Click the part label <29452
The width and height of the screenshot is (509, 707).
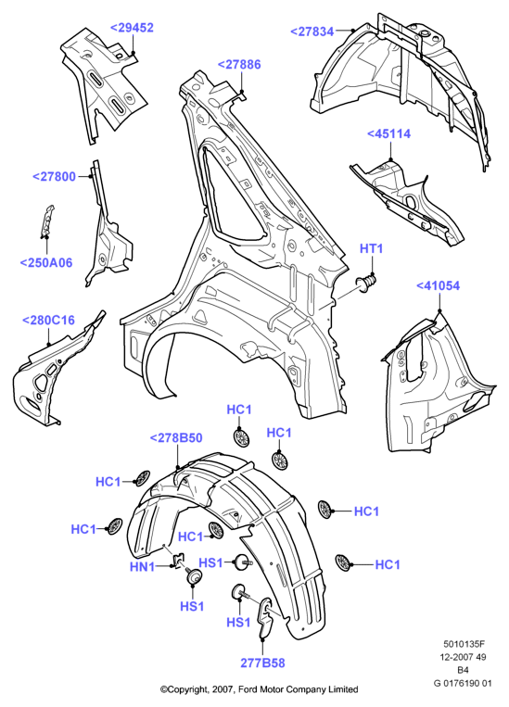click(133, 28)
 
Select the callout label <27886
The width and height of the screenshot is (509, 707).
click(239, 65)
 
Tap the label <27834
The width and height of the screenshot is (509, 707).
click(312, 32)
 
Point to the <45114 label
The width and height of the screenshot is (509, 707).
click(389, 134)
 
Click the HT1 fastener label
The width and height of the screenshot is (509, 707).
click(372, 248)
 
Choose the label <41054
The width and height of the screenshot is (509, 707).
click(438, 286)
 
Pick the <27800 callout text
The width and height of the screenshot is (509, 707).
click(54, 176)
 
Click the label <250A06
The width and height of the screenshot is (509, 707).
click(46, 263)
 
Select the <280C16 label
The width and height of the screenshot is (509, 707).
click(49, 321)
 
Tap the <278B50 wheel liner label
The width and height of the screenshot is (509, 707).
click(176, 437)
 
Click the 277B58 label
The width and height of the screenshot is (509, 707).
click(262, 663)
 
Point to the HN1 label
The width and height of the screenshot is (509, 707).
click(143, 567)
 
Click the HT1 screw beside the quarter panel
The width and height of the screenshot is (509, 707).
click(366, 284)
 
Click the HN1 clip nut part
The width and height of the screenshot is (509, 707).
click(179, 560)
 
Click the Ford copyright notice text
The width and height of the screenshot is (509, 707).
click(260, 689)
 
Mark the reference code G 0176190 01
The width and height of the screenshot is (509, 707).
click(463, 683)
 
